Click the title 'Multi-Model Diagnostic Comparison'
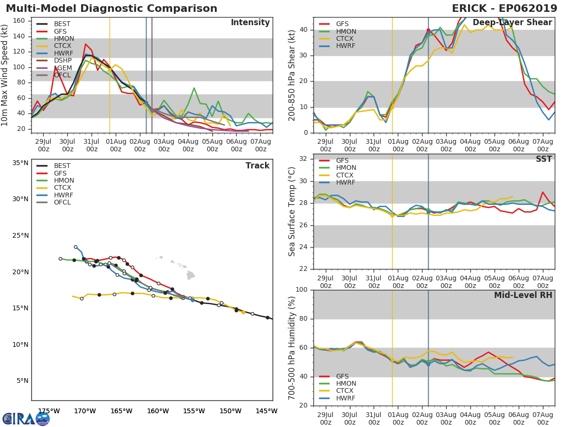tap(111, 9)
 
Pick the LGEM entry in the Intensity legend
tap(63, 68)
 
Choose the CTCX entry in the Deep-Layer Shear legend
tap(346, 39)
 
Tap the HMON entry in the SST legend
tap(346, 168)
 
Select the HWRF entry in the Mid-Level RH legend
tap(346, 398)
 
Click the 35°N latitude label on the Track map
tap(20, 163)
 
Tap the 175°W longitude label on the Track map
tap(49, 411)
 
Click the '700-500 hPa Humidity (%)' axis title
tap(292, 347)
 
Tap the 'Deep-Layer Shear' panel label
tap(512, 23)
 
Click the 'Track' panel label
tap(257, 166)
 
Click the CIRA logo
tap(26, 418)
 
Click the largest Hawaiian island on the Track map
tap(191, 275)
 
